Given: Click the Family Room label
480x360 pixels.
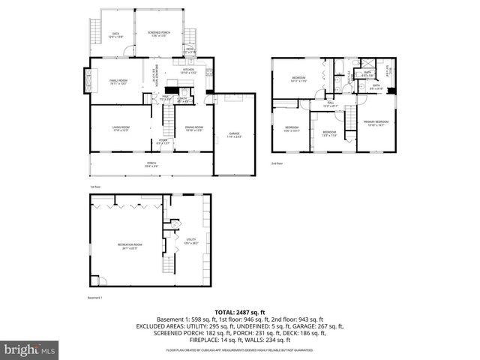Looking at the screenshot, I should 118,81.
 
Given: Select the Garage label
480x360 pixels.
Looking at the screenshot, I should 235,136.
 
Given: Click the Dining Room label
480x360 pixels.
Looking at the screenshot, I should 194,129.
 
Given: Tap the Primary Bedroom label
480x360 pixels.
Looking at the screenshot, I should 376,123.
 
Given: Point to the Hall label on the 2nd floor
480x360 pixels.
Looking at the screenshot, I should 330,105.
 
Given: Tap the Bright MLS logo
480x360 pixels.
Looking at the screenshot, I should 28,349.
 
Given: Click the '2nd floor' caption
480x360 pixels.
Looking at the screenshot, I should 278,163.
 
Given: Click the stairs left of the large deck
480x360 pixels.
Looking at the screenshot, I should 94,31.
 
